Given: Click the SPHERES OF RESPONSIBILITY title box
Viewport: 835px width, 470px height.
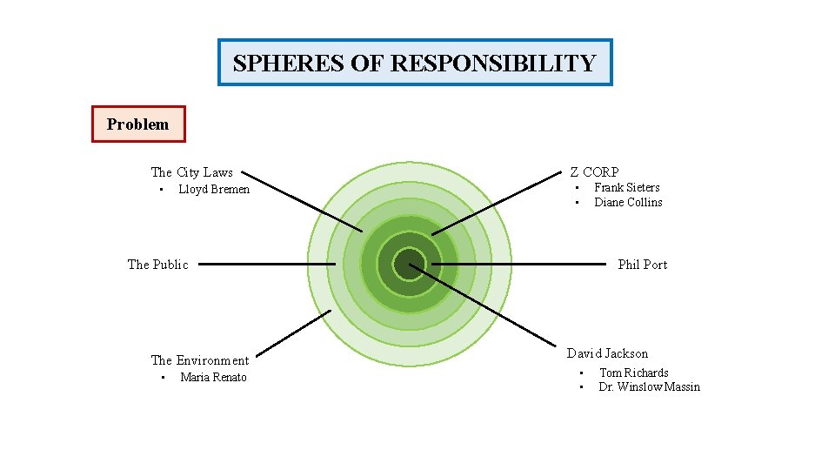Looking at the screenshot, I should coord(415,63).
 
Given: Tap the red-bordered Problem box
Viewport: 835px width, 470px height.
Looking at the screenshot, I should coord(138,124).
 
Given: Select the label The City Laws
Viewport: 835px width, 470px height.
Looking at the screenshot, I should coord(191,172).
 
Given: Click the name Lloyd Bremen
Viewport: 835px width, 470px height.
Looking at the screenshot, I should coord(214,190).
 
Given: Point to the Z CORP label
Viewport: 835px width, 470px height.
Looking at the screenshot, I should coord(594,172).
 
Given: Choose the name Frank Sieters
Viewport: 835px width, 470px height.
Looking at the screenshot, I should coord(626,188).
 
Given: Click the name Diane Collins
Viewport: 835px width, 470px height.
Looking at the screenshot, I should coord(628,203).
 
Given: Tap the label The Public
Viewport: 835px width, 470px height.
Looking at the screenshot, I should coord(157,265).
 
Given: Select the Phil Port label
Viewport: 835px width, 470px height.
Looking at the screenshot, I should coord(642,265).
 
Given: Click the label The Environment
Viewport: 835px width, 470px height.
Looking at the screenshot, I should coord(199,360).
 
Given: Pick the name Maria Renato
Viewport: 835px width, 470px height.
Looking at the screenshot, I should coord(213,378).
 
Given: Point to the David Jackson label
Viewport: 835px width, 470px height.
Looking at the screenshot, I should coord(607,353).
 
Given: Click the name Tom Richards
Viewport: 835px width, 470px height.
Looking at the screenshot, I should coord(633,373).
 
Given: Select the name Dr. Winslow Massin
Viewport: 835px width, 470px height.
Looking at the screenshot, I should coord(649,387).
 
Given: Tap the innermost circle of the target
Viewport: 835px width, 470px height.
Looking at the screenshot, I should coord(409,264).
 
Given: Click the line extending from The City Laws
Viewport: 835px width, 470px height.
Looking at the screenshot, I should coord(300,201).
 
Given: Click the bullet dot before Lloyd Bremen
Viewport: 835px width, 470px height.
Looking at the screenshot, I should coord(161,190).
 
